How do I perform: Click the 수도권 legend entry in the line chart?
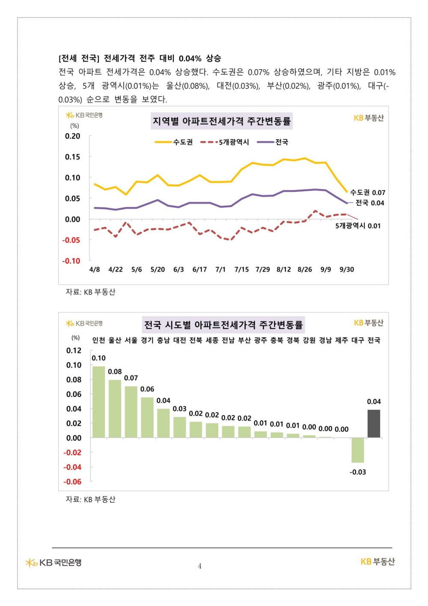(x=174, y=142)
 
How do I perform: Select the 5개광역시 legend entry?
(x=225, y=142)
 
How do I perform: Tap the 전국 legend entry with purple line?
(x=273, y=142)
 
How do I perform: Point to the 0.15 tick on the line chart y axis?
(x=72, y=157)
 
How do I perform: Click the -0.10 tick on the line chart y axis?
(x=71, y=261)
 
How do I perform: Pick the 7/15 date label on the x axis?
(x=241, y=270)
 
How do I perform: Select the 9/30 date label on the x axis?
(x=347, y=270)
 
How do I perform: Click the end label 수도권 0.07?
(x=368, y=192)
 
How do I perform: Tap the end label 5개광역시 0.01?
(x=358, y=226)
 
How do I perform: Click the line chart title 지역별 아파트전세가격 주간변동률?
(x=222, y=121)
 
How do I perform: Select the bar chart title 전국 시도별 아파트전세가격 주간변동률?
(x=223, y=325)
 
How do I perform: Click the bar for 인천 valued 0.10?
(x=99, y=402)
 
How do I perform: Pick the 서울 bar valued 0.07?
(x=131, y=412)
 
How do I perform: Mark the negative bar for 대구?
(x=358, y=450)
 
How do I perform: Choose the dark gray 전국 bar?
(x=374, y=423)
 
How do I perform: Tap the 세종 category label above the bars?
(x=212, y=340)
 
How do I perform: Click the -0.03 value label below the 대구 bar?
(x=358, y=472)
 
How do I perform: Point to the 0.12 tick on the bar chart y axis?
(x=74, y=351)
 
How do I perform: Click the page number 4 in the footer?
(x=200, y=566)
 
